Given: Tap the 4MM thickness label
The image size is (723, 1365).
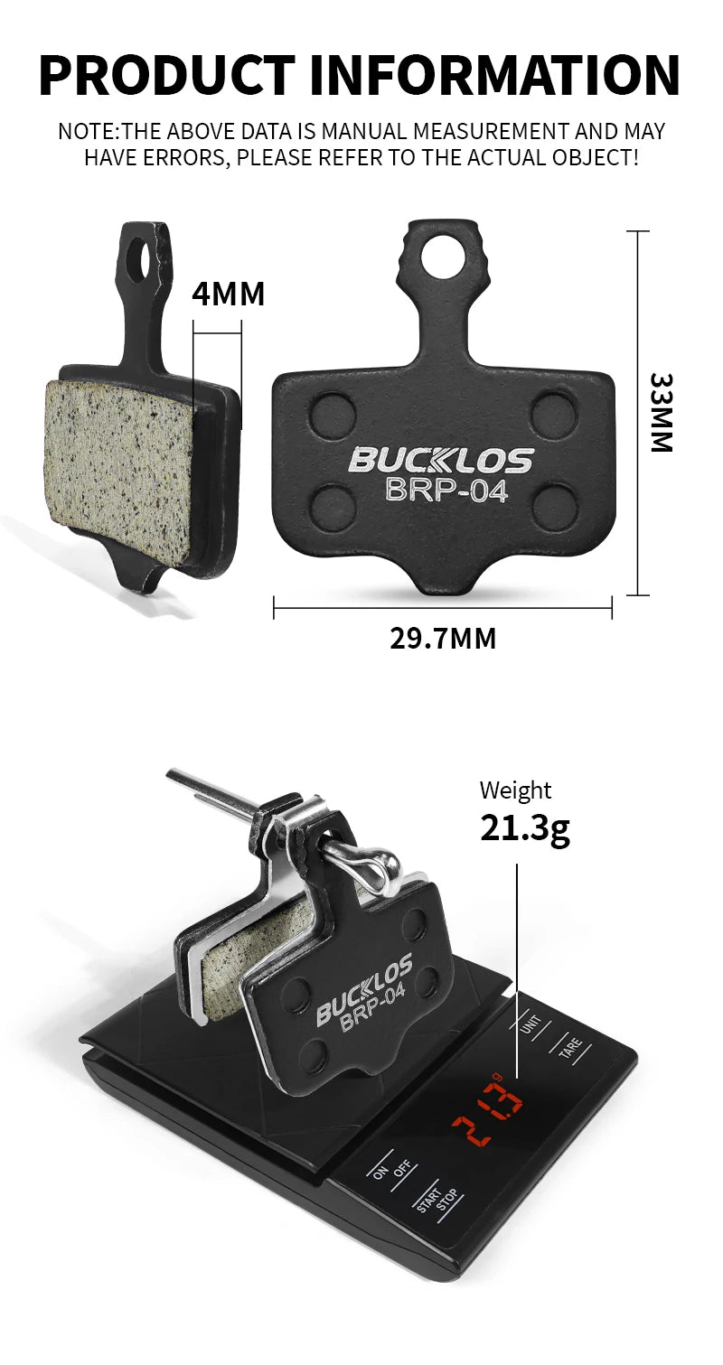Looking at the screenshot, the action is pos(229,294).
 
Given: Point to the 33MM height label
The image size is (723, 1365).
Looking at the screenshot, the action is pos(661,413).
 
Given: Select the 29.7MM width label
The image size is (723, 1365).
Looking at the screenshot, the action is pos(443,639).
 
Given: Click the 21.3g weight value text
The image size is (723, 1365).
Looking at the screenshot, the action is pos(525,829).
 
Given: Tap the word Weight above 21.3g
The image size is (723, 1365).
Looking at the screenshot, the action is pos(515,790).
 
